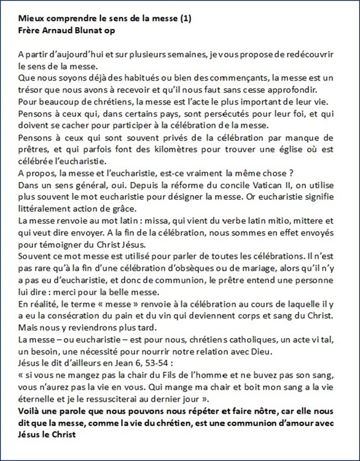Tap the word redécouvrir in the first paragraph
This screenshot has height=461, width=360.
tap(326, 53)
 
